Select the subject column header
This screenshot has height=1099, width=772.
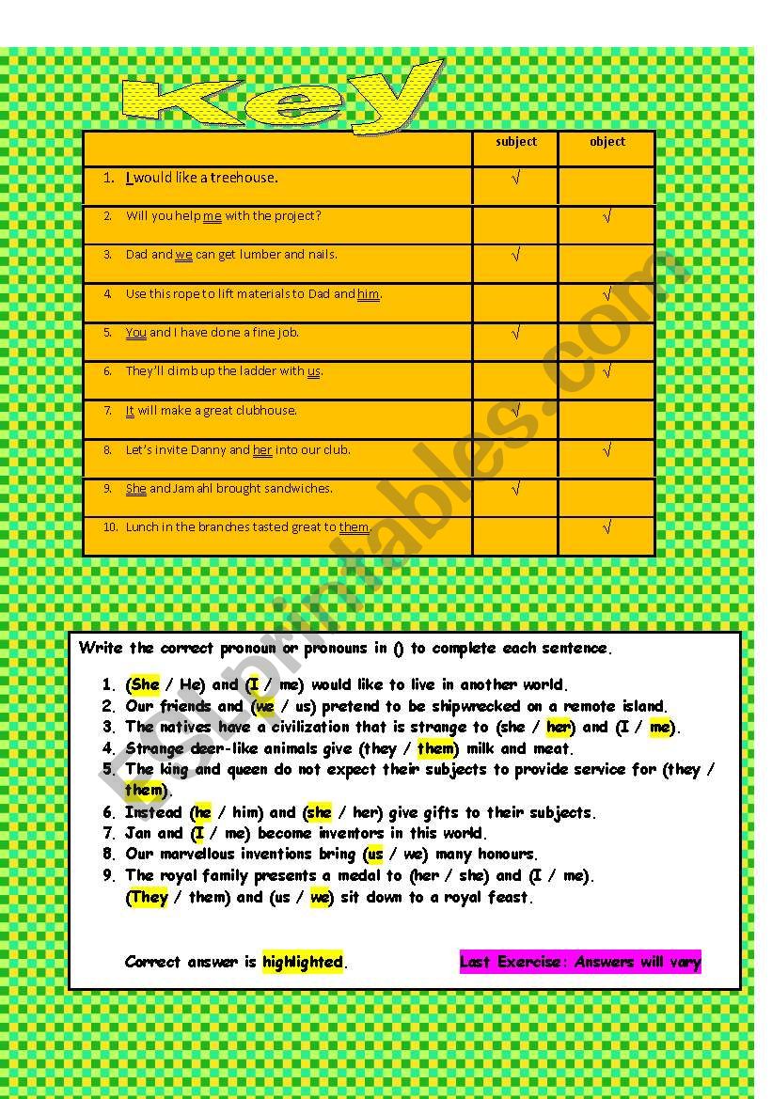click(515, 142)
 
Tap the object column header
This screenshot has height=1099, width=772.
click(607, 142)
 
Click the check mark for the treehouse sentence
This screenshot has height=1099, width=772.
click(515, 178)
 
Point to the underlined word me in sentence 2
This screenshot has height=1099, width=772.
click(212, 216)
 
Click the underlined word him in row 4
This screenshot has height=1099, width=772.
click(368, 294)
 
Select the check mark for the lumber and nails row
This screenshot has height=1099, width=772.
click(515, 255)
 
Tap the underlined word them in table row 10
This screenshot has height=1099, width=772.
click(354, 527)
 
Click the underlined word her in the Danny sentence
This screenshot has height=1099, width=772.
click(262, 450)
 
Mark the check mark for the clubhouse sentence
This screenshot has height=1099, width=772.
click(515, 410)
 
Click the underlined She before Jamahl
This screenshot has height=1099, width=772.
click(135, 489)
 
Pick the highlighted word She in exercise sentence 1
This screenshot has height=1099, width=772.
click(145, 684)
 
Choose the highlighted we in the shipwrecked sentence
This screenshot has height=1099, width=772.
click(264, 706)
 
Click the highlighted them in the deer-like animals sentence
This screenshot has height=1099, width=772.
click(435, 748)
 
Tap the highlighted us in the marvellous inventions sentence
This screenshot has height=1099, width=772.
click(375, 855)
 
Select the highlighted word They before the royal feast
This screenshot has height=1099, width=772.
click(149, 897)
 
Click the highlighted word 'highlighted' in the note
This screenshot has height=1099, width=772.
click(303, 962)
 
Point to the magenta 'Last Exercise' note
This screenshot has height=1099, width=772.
click(580, 962)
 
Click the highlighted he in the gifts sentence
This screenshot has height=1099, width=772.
click(202, 812)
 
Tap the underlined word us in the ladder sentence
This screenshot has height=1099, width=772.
click(314, 371)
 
